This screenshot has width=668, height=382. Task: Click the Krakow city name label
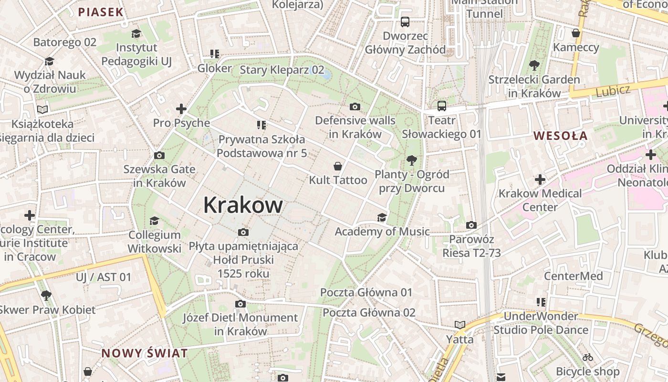coord(243,205)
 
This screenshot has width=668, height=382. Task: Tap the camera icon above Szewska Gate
coord(159,155)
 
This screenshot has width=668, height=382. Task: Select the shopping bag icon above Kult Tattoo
coord(338,166)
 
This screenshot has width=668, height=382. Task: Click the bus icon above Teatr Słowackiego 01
coord(441,106)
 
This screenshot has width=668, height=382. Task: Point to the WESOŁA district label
coord(560,136)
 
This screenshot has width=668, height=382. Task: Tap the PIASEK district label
coord(101,12)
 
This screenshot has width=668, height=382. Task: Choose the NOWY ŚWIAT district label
coord(145,353)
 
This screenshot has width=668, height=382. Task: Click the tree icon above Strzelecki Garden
coord(534,65)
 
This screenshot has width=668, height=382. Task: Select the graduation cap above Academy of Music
coord(382,218)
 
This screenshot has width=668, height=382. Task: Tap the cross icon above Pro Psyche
coord(181,109)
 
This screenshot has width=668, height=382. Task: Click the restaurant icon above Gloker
coord(215,54)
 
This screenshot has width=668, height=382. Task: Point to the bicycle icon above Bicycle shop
coord(588,357)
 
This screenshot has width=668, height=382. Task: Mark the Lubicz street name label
coord(613,90)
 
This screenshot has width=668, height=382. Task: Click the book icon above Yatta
coord(459,325)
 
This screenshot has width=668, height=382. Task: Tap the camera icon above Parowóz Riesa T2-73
coord(471,225)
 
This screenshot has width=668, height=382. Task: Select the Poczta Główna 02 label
coord(369,313)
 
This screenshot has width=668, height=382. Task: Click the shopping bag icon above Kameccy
coord(576,33)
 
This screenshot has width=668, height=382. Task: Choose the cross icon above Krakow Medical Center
coord(540,180)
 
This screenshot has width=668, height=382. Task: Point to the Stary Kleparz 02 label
coord(282,70)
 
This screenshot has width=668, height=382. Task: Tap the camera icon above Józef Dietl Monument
coord(240,304)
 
